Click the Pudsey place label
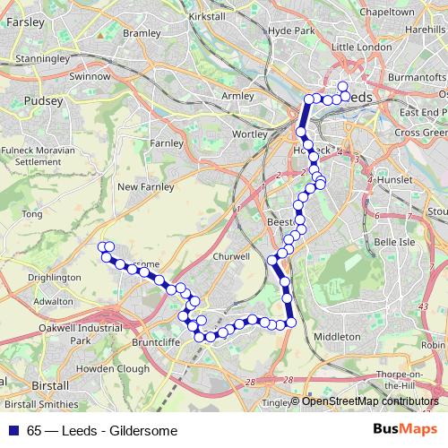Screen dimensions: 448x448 coord(45,101)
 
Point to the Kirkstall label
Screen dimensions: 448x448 coord(207,17)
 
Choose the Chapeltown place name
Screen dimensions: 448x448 coord(386,13)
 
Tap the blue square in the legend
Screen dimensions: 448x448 coord(11,430)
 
